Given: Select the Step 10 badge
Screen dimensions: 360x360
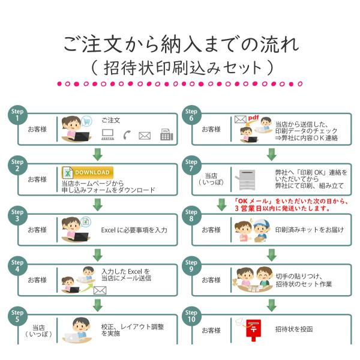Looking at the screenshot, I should [x=191, y=316].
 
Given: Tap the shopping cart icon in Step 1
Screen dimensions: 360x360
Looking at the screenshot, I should [x=87, y=120].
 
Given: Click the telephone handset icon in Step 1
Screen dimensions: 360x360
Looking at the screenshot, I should [x=127, y=136].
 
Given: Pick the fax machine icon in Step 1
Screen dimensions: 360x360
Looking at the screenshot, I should [x=166, y=135].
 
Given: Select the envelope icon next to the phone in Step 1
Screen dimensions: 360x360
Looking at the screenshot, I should [x=145, y=136].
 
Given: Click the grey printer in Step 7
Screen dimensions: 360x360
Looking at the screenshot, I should [x=249, y=179].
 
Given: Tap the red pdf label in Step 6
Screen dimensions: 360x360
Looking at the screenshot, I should [x=253, y=118].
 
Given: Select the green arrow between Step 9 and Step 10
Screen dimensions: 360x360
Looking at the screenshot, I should [x=271, y=304].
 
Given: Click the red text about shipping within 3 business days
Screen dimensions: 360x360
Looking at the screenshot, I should [x=283, y=205].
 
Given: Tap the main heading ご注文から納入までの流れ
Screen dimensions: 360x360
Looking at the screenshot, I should [x=180, y=43].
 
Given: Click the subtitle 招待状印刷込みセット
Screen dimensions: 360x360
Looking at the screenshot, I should [x=180, y=66].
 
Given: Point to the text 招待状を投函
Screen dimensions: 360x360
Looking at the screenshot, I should [x=294, y=329].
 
